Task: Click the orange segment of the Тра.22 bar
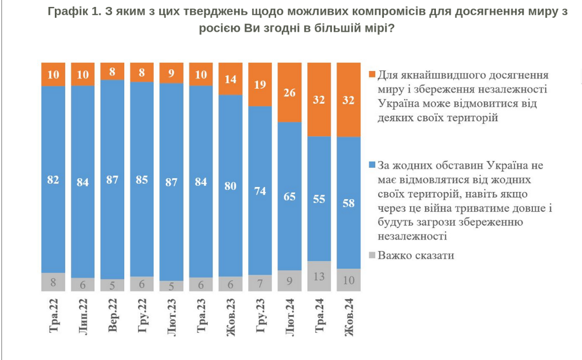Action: [53, 74]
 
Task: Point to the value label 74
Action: [260, 191]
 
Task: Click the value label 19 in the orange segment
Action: [260, 84]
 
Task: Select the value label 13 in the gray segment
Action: [319, 276]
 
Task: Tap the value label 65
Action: [290, 196]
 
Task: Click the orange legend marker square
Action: [372, 75]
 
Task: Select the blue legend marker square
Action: [372, 165]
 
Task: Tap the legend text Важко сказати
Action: [416, 255]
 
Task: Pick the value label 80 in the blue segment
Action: [230, 186]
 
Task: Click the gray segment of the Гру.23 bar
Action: [260, 283]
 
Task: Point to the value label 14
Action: [230, 80]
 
